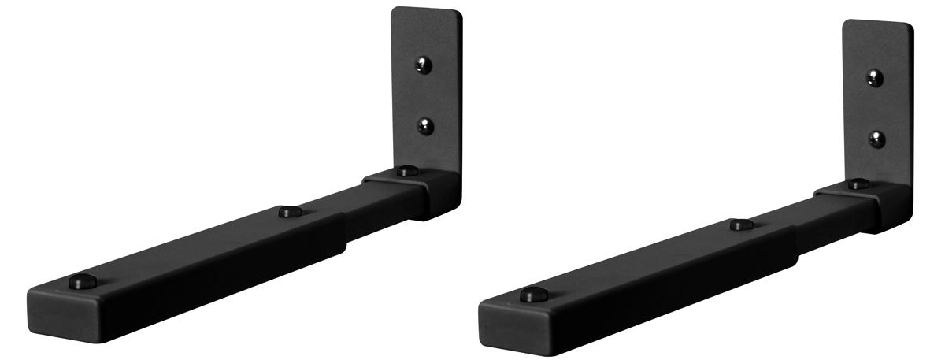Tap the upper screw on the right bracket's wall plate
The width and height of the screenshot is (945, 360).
click(x=874, y=77)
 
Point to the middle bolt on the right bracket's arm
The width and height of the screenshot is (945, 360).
click(x=737, y=225)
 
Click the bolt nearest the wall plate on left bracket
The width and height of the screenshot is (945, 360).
click(x=406, y=170)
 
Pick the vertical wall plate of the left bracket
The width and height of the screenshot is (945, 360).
click(x=425, y=95)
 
